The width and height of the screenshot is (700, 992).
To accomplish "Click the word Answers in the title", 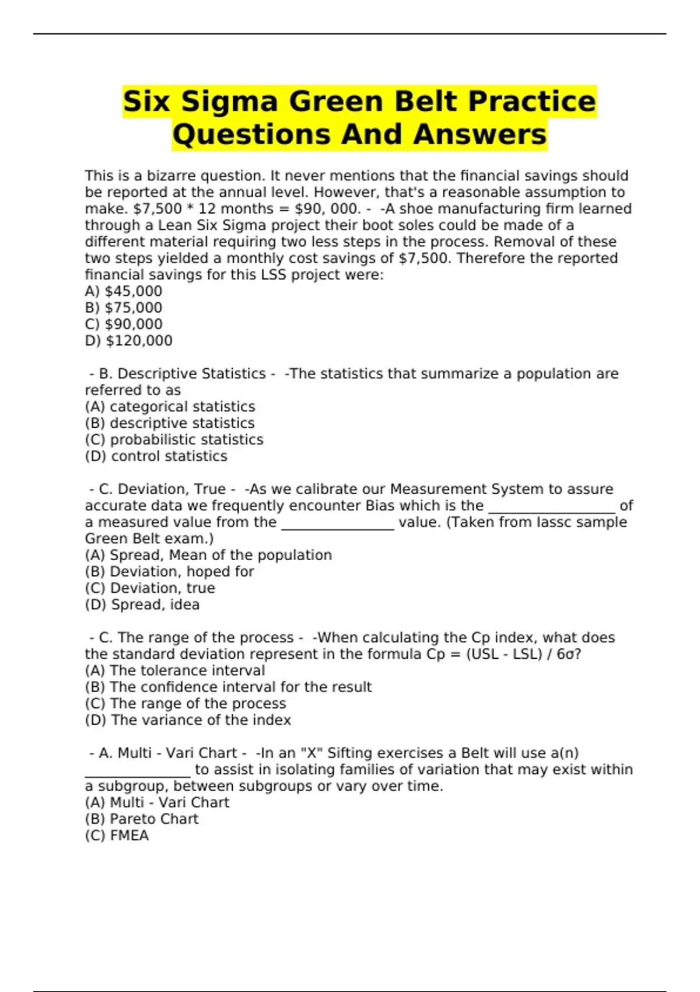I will pyautogui.click(x=480, y=135).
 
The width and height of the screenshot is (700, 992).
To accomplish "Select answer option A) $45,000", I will pyautogui.click(x=124, y=291).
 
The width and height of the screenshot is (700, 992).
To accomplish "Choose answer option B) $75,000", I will pyautogui.click(x=124, y=308).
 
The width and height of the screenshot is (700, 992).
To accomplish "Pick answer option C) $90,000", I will pyautogui.click(x=124, y=324).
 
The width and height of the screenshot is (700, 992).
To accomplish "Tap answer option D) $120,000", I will pyautogui.click(x=128, y=340).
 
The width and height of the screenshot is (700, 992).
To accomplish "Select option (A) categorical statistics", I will pyautogui.click(x=170, y=407).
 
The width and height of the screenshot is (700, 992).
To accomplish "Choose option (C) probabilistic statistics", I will pyautogui.click(x=174, y=439).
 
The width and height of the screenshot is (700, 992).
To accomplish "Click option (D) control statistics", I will pyautogui.click(x=156, y=456).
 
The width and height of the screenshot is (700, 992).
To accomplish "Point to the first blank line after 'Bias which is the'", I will pyautogui.click(x=551, y=509).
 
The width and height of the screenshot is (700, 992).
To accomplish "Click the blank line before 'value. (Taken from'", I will pyautogui.click(x=338, y=525).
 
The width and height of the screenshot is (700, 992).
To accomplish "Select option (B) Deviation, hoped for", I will pyautogui.click(x=169, y=571).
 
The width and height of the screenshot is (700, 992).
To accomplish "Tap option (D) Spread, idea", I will pyautogui.click(x=142, y=605).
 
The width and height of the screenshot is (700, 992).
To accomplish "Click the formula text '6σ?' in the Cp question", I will pyautogui.click(x=569, y=654).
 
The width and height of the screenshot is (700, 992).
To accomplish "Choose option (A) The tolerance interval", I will pyautogui.click(x=175, y=670).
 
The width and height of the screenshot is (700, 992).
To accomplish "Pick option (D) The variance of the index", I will pyautogui.click(x=188, y=720).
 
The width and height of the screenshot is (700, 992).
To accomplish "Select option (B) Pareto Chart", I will pyautogui.click(x=142, y=819).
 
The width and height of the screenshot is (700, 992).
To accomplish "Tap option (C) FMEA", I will pyautogui.click(x=117, y=836).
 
